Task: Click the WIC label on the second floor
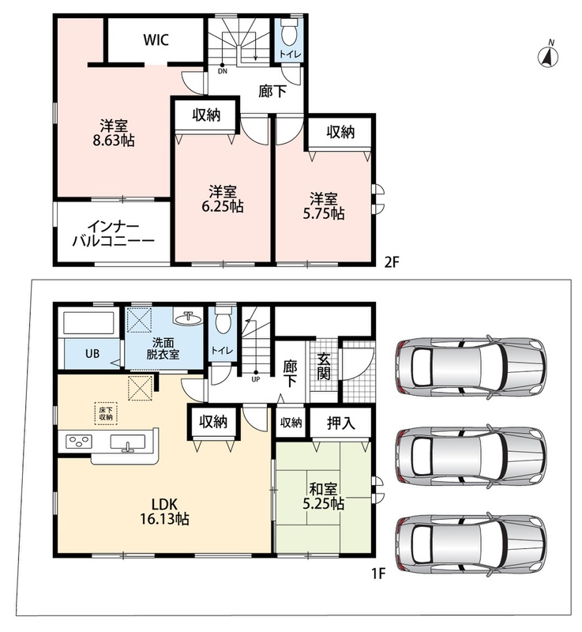[156, 40]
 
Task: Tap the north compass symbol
[548, 55]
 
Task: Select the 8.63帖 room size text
[114, 141]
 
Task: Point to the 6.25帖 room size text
[223, 206]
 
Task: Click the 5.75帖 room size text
[324, 213]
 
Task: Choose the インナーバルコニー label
[114, 234]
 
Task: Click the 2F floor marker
[391, 262]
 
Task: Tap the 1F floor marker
[379, 573]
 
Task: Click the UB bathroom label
[92, 354]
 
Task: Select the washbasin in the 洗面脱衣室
[188, 318]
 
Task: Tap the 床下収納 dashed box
[106, 413]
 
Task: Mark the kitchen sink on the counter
[128, 442]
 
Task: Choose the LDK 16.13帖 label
[164, 511]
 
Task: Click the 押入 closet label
[340, 423]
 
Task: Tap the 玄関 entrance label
[324, 367]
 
